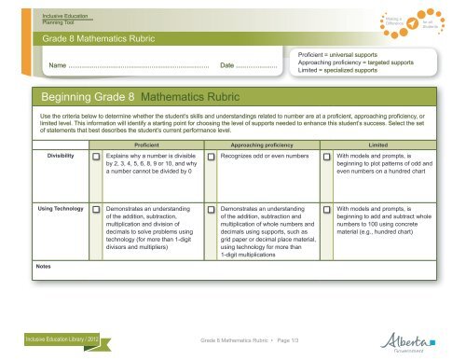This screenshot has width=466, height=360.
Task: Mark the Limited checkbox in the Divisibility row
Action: [x=327, y=158]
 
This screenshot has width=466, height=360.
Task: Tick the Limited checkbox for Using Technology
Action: [x=327, y=211]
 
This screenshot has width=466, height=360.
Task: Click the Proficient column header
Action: [x=150, y=145]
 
